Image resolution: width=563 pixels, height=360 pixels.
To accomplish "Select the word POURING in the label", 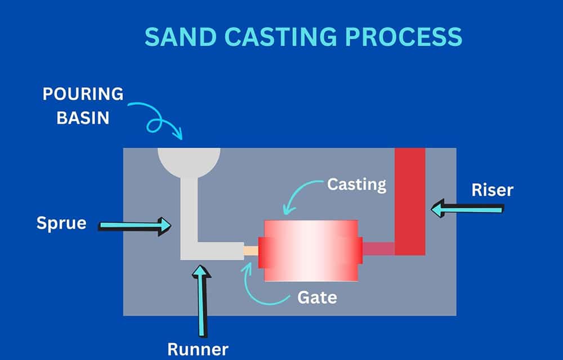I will (x=83, y=94).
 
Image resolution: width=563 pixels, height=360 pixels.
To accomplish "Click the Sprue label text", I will (x=61, y=223).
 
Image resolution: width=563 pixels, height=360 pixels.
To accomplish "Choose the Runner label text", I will (x=198, y=349).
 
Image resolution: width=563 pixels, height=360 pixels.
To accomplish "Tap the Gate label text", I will (x=318, y=297).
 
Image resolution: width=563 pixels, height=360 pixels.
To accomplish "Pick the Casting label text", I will (x=357, y=184).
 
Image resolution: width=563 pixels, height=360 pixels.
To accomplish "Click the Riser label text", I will (x=492, y=190).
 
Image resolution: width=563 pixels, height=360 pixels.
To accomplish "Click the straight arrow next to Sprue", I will (x=135, y=226).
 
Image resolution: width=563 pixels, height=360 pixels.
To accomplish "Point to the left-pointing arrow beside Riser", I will (x=467, y=208).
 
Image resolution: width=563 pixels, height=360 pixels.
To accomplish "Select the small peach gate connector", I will (x=251, y=250).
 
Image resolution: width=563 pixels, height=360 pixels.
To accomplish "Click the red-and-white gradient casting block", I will (x=311, y=250).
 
